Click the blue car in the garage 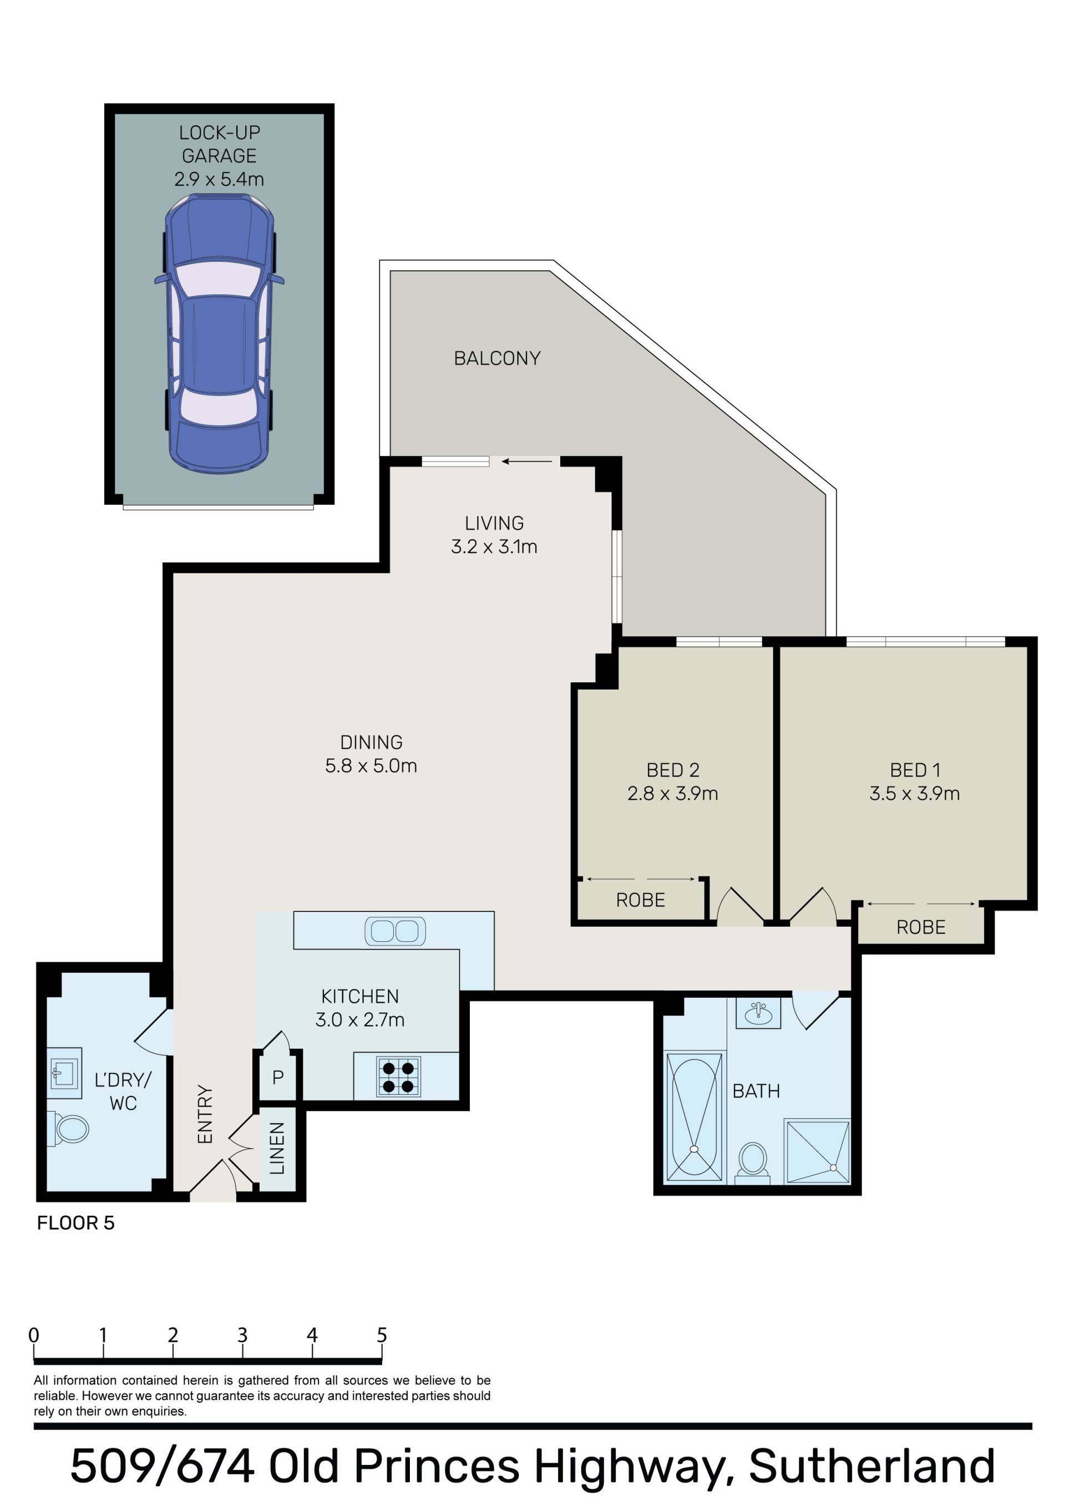pos(219,333)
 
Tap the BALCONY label pos(497,358)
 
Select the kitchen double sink pos(394,931)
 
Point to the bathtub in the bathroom pos(694,1117)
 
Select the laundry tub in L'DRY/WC pos(64,1073)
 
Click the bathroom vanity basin pos(758,1013)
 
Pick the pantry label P pos(278,1077)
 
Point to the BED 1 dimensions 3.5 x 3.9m pos(915,794)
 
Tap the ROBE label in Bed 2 pos(640,900)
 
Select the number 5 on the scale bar pos(382,1335)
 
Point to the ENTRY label pos(205,1114)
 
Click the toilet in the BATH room pos(753,1163)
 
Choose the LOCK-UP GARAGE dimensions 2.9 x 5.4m pos(219,179)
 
